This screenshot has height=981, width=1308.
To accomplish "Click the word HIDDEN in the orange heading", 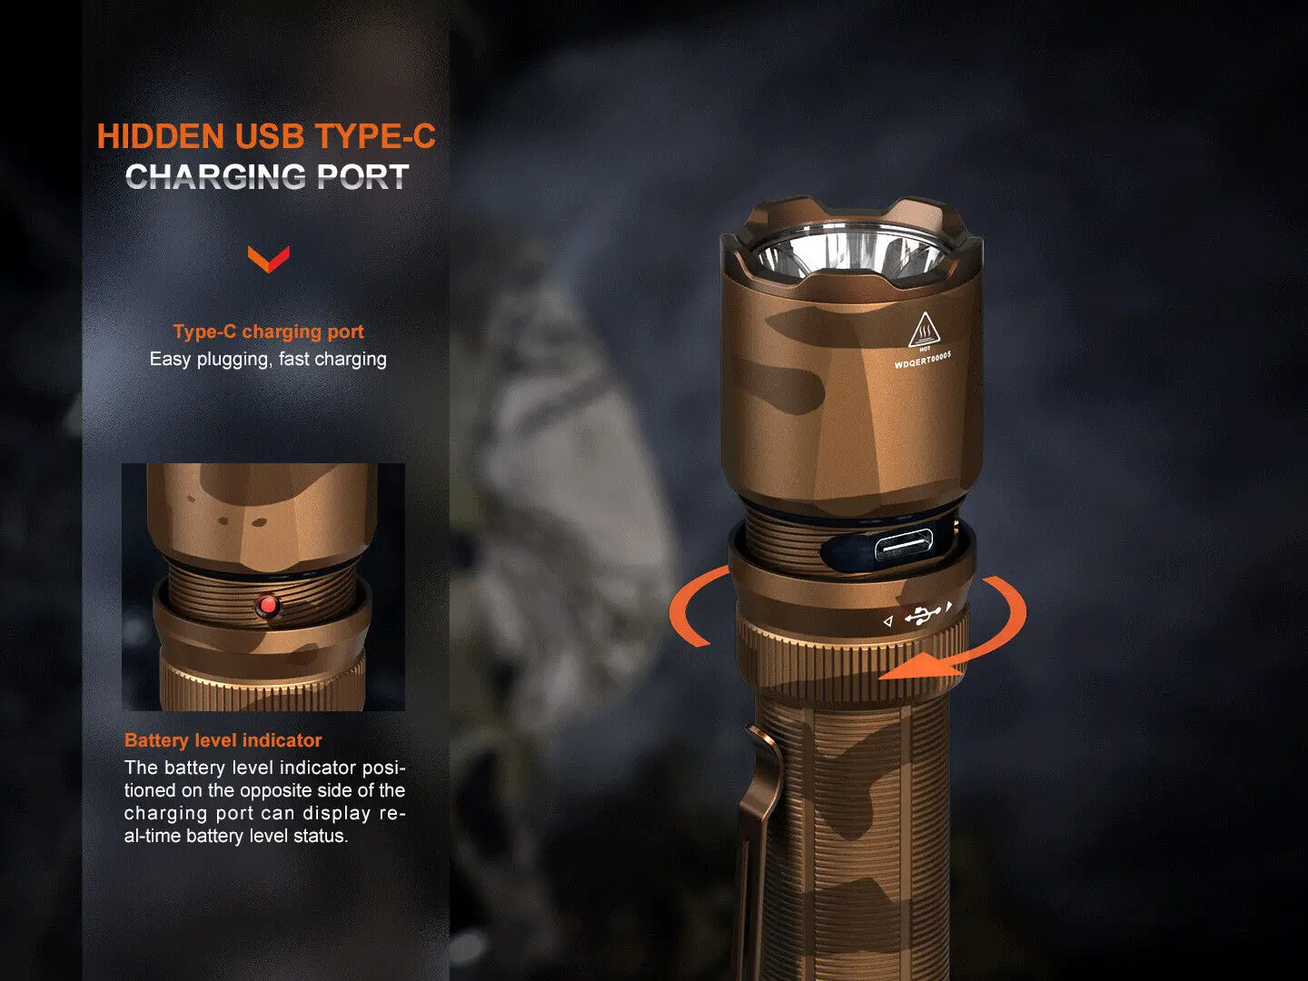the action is [x=160, y=136].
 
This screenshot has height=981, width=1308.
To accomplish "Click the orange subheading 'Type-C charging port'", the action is [x=268, y=332].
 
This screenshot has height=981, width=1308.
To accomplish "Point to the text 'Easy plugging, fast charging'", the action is [x=268, y=359].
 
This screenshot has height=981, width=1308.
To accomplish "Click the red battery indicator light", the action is [x=267, y=607].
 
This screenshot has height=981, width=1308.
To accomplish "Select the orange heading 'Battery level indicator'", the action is [x=223, y=739].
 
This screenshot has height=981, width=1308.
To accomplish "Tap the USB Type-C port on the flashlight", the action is [x=903, y=547].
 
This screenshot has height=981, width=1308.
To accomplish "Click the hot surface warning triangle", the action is [x=923, y=330].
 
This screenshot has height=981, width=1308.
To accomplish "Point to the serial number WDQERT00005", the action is [x=923, y=361].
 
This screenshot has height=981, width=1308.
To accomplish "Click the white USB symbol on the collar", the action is [x=922, y=616].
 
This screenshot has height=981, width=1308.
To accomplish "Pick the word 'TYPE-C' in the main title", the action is [x=375, y=136].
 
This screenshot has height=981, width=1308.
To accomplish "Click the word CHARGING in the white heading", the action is [x=217, y=177].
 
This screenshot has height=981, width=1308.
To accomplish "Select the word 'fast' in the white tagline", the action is [x=293, y=359].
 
